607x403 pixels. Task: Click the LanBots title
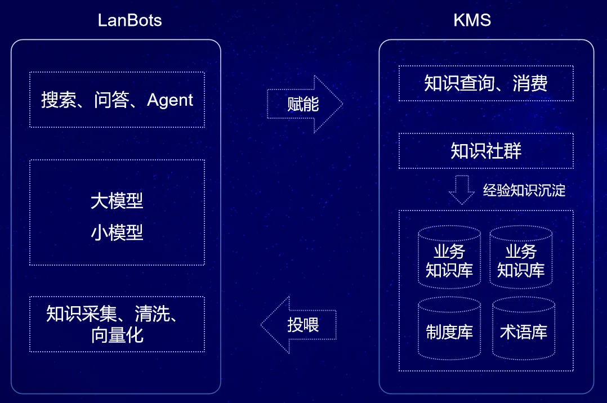[130, 21]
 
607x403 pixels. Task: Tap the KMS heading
[472, 21]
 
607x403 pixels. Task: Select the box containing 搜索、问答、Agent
[117, 100]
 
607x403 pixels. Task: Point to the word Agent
[170, 100]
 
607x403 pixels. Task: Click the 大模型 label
[117, 201]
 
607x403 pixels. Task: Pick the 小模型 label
[117, 232]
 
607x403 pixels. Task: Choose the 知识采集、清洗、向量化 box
[117, 324]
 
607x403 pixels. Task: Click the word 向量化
[117, 335]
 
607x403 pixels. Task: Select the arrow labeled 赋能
[305, 104]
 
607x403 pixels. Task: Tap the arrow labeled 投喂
[299, 325]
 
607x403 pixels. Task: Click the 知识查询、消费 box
[486, 83]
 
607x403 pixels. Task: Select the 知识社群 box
[486, 151]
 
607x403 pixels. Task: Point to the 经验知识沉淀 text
[524, 190]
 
